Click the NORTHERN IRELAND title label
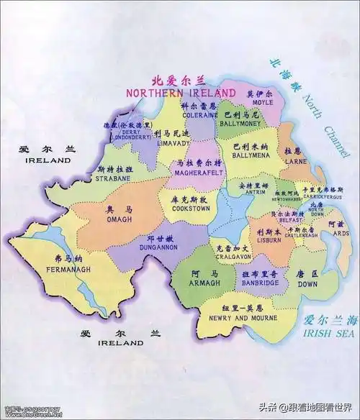181,93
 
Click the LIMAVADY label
171,142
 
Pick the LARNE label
292,161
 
